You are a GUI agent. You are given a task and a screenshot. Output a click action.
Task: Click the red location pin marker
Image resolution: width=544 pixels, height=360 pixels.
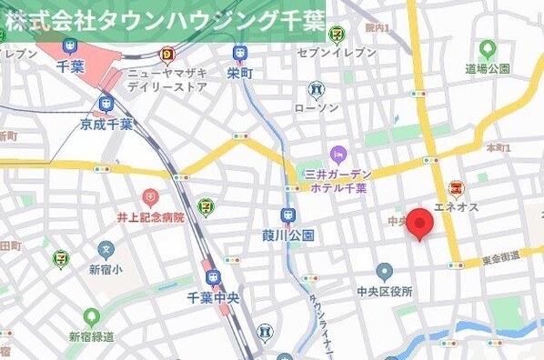[418, 223]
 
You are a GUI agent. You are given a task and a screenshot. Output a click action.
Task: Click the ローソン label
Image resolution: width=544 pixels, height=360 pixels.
[316, 107]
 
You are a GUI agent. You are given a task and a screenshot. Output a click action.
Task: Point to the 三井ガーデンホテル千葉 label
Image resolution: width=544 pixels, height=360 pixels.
[337, 181]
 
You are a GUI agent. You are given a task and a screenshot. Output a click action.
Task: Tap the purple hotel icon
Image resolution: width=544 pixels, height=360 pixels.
[338, 154]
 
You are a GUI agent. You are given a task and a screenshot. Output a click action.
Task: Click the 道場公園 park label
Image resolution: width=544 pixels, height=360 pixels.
[488, 68]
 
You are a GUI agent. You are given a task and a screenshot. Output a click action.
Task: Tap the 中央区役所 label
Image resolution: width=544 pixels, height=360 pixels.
[384, 292]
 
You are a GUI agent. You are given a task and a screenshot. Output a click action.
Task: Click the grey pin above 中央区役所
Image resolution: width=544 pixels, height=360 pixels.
[384, 272]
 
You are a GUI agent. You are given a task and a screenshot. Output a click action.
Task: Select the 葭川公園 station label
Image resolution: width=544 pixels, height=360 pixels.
[287, 235]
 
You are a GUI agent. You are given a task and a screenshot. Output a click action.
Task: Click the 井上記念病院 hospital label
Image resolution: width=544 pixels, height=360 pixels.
[150, 217]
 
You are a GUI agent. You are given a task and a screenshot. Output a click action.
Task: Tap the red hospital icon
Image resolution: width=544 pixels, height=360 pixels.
[150, 197]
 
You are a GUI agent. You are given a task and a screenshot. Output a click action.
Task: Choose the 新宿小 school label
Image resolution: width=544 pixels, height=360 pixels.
[107, 269]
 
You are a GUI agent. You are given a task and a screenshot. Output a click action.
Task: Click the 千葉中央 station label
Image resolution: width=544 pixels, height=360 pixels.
[212, 297]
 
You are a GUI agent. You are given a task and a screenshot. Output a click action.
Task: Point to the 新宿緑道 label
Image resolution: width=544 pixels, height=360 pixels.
[92, 336]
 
